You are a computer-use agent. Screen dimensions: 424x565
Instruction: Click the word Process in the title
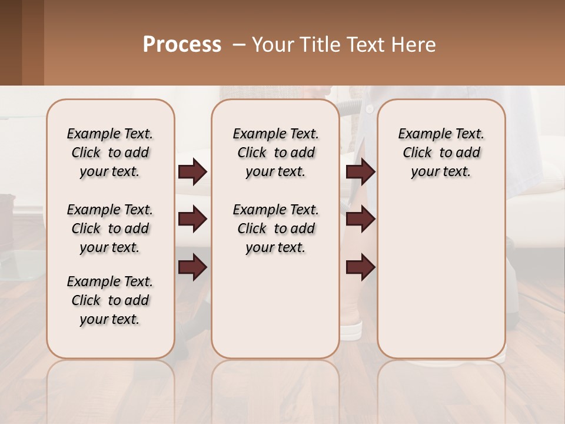pyautogui.click(x=182, y=44)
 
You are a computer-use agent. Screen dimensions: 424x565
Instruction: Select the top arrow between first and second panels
pyautogui.click(x=192, y=172)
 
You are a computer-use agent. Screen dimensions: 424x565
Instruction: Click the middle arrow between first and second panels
pyautogui.click(x=192, y=220)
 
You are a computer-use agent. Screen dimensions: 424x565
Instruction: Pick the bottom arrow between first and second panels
pyautogui.click(x=192, y=268)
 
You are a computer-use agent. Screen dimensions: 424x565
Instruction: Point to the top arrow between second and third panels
pyautogui.click(x=360, y=172)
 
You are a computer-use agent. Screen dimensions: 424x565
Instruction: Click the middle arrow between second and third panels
pyautogui.click(x=360, y=220)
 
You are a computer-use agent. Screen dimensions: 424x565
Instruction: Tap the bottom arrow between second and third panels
pyautogui.click(x=360, y=268)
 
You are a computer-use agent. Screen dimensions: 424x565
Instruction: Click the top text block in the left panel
pyautogui.click(x=110, y=153)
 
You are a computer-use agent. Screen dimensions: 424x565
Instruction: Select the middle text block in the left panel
pyautogui.click(x=110, y=228)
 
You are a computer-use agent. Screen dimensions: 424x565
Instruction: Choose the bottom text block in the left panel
pyautogui.click(x=110, y=300)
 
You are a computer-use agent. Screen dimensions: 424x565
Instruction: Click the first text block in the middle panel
pyautogui.click(x=275, y=153)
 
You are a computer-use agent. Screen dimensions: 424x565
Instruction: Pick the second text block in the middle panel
pyautogui.click(x=275, y=228)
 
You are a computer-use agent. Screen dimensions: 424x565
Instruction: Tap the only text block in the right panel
pyautogui.click(x=441, y=153)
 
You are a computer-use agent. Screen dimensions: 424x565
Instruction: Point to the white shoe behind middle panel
pyautogui.click(x=351, y=330)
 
